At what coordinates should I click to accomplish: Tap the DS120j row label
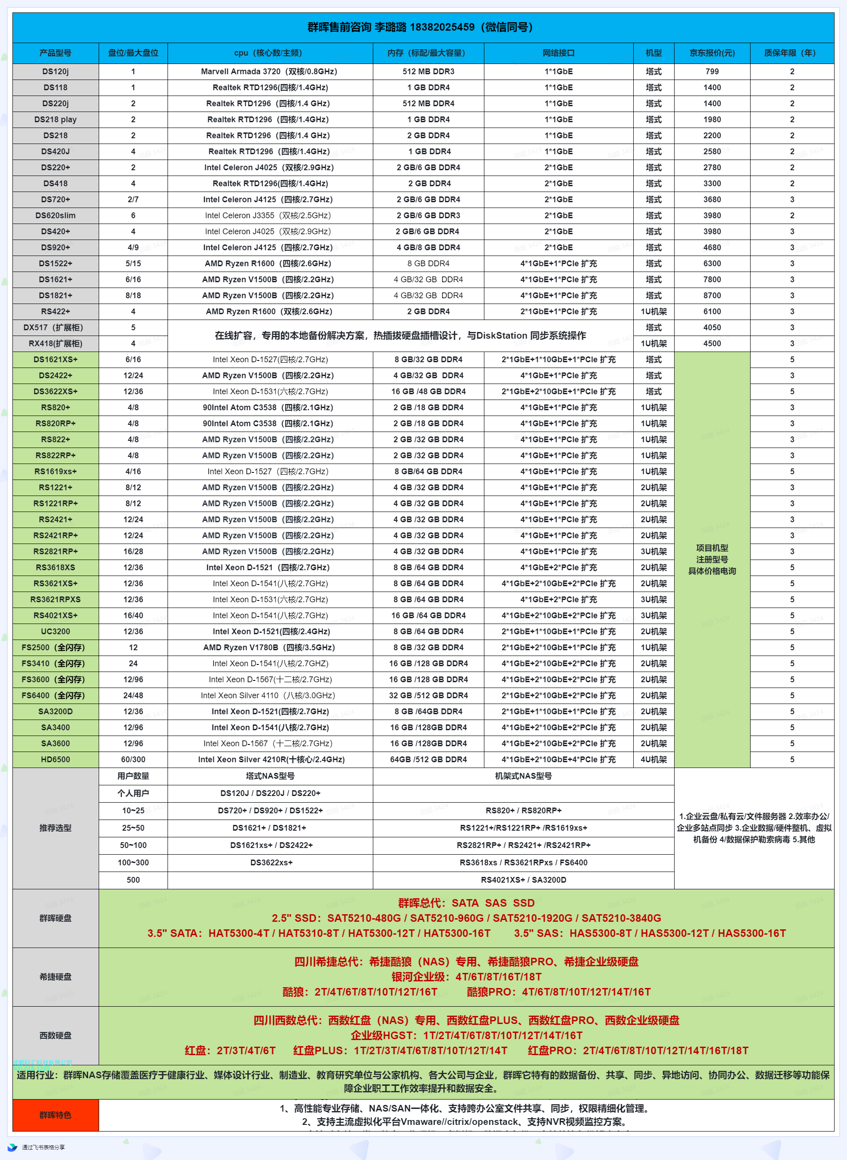(x=56, y=71)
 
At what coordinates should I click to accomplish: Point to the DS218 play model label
(x=56, y=120)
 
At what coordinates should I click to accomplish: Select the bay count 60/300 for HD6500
(x=133, y=760)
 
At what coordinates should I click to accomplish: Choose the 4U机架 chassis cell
(x=653, y=760)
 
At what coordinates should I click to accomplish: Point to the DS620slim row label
(x=56, y=216)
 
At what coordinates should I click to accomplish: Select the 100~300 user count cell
(x=133, y=863)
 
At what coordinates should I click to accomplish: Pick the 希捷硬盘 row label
(x=56, y=977)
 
